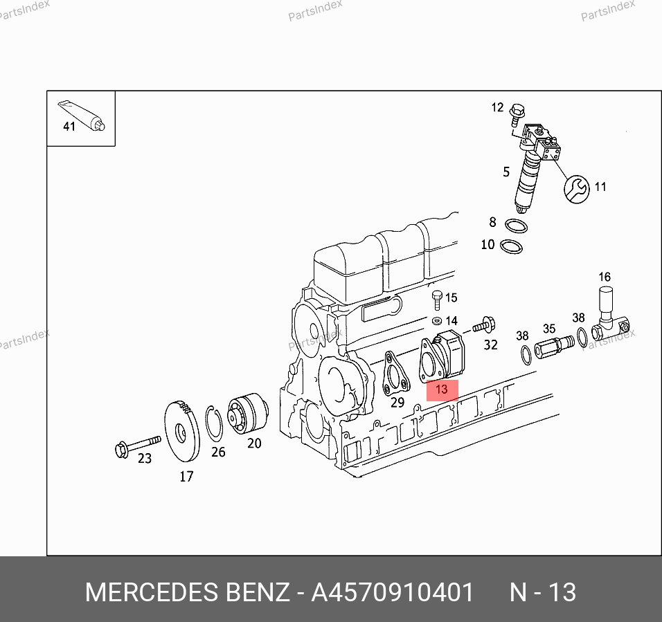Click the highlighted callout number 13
442,389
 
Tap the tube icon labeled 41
82,116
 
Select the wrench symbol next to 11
576,189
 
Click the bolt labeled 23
138,446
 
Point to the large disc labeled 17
182,432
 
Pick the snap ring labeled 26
214,423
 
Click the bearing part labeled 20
248,413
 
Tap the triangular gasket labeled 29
395,374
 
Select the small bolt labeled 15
438,300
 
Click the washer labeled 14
437,321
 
